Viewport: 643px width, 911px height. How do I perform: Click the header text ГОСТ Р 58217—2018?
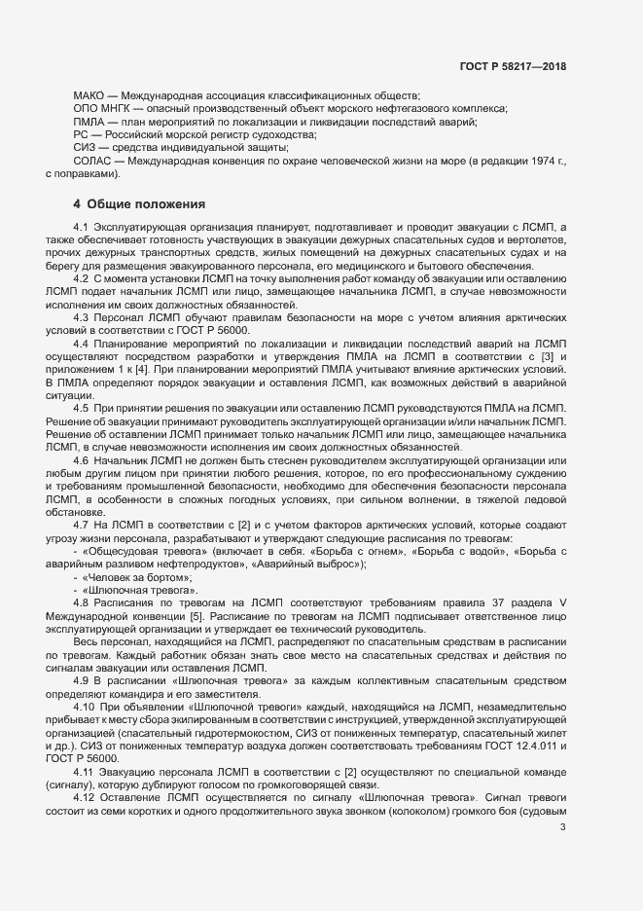point(513,67)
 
